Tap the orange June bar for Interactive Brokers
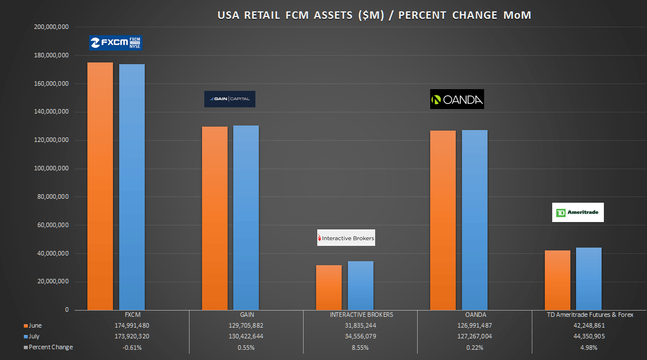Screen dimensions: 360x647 click(x=329, y=287)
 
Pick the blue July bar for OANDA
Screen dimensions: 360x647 click(x=474, y=220)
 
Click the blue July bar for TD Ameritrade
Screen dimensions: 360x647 click(x=589, y=279)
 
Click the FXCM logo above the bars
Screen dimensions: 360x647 click(x=116, y=43)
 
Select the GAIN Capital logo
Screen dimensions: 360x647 click(x=230, y=99)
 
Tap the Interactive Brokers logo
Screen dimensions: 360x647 click(x=346, y=238)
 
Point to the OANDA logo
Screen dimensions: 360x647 click(x=457, y=99)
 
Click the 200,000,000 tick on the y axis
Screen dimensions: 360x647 click(x=52, y=27)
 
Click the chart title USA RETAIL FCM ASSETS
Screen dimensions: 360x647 click(x=374, y=15)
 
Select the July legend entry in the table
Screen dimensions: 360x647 click(x=34, y=336)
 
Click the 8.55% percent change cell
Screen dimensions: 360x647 click(x=360, y=347)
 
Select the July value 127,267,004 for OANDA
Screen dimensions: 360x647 click(x=474, y=336)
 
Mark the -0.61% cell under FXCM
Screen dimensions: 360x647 click(x=132, y=347)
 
